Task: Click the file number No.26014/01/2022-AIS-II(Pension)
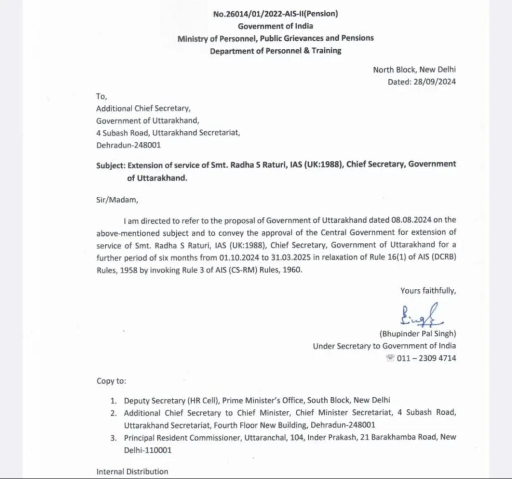(275, 14)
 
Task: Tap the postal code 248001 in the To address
(145, 145)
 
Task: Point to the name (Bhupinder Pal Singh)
(418, 333)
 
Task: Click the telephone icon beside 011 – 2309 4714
(390, 359)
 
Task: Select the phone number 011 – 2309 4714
(427, 359)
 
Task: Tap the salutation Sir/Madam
(117, 200)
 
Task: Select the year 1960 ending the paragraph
(291, 269)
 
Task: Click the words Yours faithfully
(428, 291)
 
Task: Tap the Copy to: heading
(111, 381)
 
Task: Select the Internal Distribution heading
(132, 471)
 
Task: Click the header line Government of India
(275, 26)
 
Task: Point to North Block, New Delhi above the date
(414, 70)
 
